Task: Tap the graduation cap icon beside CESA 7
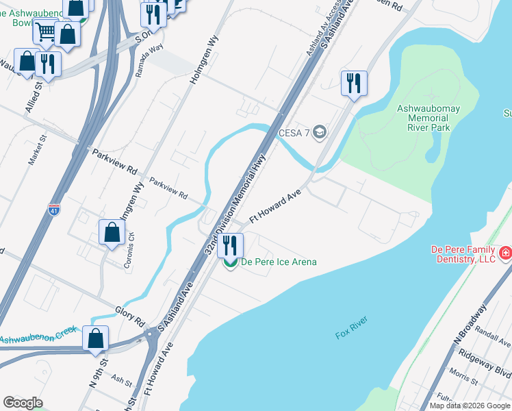[x=319, y=132]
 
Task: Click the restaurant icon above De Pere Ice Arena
[x=231, y=245]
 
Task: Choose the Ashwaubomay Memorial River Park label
[x=428, y=118]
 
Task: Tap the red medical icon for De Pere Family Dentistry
[x=505, y=254]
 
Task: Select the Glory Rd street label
[x=129, y=316]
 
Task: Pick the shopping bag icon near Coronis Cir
[x=112, y=232]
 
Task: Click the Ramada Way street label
[x=149, y=60]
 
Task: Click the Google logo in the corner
[x=23, y=403]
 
